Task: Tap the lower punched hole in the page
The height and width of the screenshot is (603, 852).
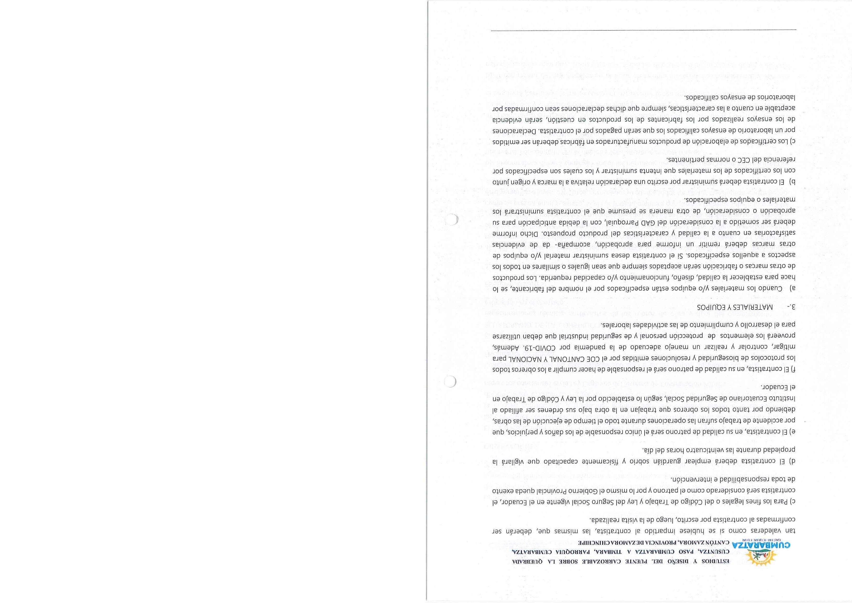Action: point(450,382)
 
